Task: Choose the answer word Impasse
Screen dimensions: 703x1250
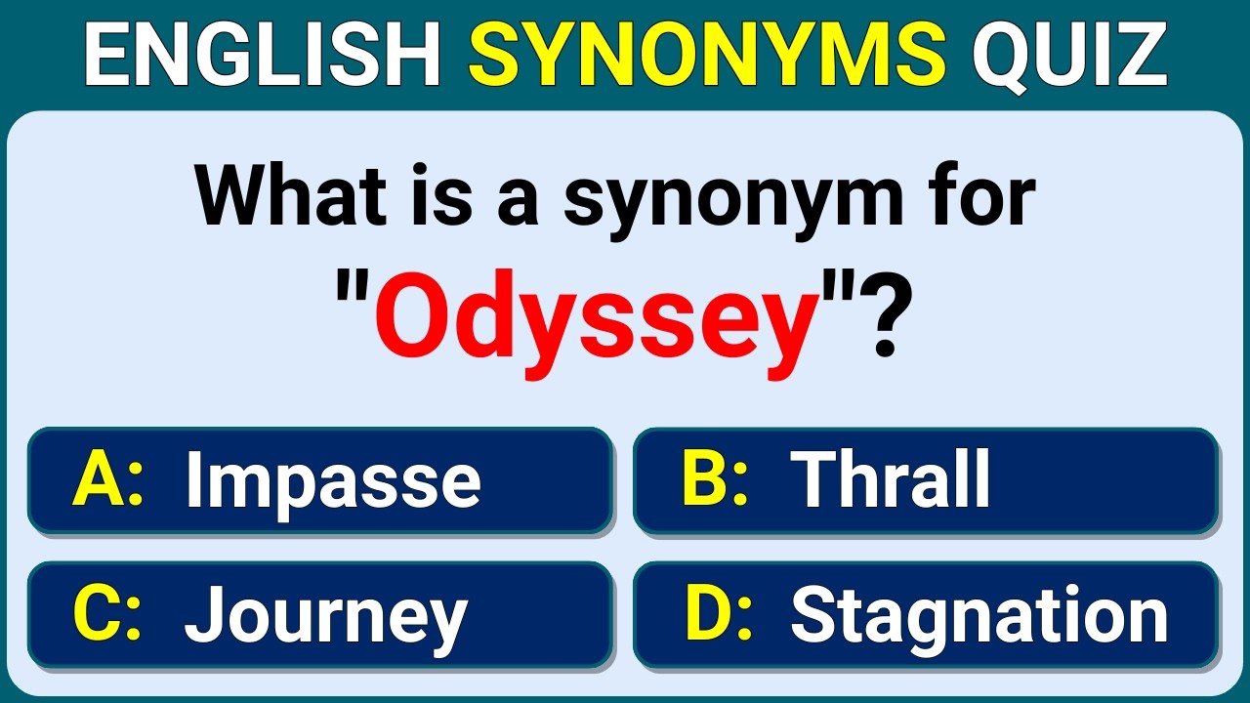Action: pyautogui.click(x=333, y=481)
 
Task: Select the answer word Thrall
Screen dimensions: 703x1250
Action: pyautogui.click(x=891, y=479)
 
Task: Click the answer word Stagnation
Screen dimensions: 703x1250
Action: pyautogui.click(x=979, y=616)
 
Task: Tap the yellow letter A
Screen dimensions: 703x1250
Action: pyautogui.click(x=96, y=480)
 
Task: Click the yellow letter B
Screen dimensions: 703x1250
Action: pyautogui.click(x=703, y=479)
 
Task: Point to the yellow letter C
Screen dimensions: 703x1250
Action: pyautogui.click(x=96, y=615)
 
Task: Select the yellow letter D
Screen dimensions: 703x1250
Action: pyautogui.click(x=705, y=615)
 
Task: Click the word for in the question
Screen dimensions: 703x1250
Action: pyautogui.click(x=981, y=199)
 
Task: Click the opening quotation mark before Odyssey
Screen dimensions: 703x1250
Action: pyautogui.click(x=353, y=283)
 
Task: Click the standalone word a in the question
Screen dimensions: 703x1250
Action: pyautogui.click(x=518, y=207)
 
